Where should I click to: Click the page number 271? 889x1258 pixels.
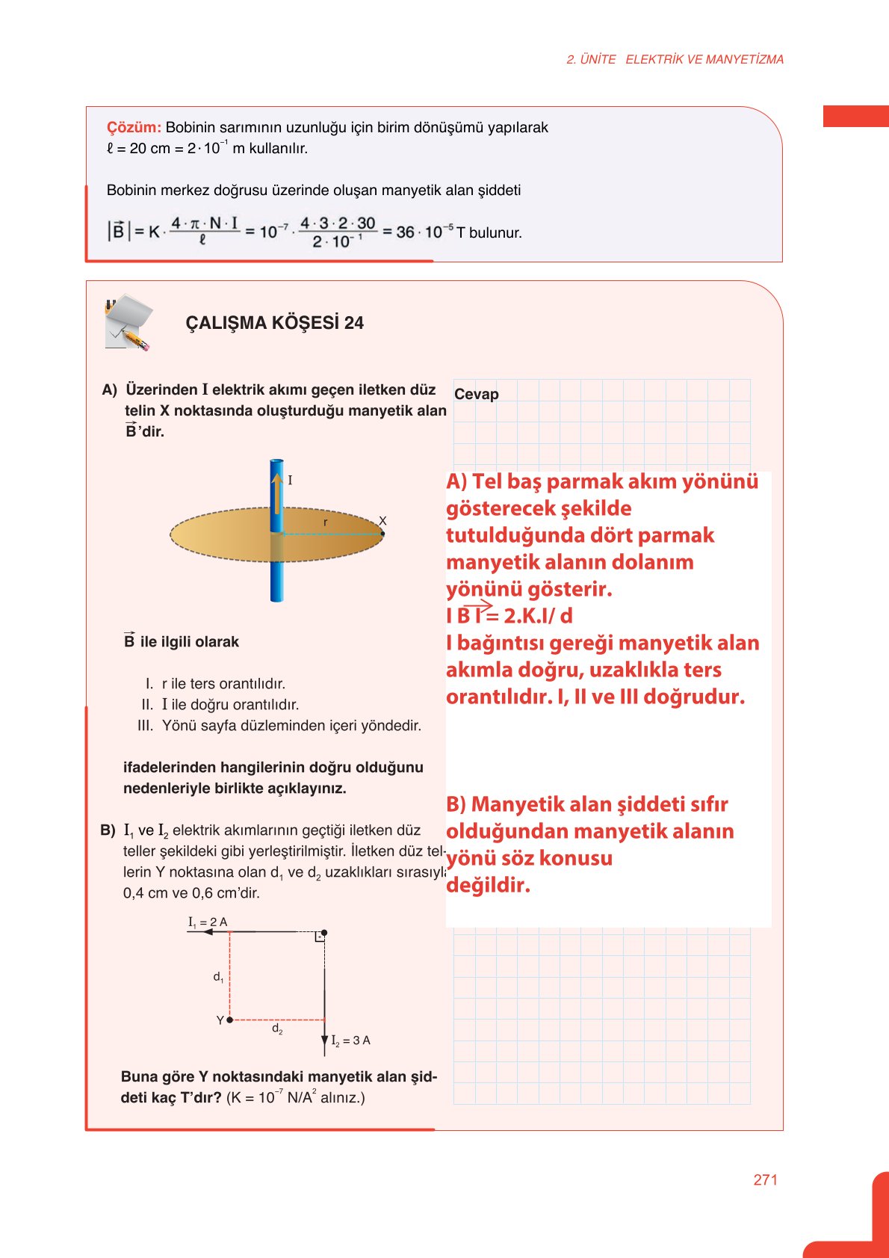(765, 1180)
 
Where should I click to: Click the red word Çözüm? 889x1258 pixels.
(134, 128)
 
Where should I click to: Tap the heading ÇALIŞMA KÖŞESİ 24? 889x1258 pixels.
(274, 323)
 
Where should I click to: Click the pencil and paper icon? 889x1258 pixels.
(128, 323)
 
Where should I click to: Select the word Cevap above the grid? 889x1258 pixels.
(476, 394)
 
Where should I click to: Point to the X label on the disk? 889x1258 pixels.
(382, 521)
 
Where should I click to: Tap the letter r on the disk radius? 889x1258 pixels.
(325, 522)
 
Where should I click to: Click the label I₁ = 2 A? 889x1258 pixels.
(208, 922)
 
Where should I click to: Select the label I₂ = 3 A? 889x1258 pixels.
(350, 1040)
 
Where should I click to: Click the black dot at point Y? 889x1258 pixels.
(229, 1020)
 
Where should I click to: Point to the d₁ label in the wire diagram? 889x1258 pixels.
(218, 976)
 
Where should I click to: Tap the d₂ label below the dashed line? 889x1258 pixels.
(277, 1029)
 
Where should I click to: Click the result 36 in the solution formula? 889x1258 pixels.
(405, 232)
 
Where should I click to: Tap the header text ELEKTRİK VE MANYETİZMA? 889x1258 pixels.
(704, 59)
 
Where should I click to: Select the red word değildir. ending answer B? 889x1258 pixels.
(488, 885)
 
